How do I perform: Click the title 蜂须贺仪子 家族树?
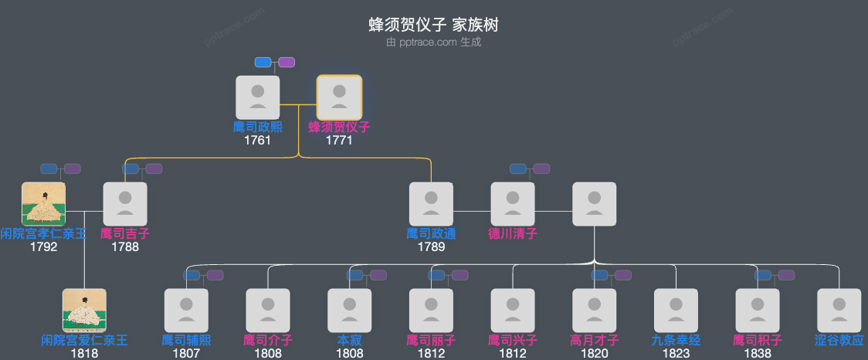433,25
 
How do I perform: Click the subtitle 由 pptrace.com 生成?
433,42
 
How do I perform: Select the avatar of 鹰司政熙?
257,97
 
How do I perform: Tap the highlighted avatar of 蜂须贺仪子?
339,97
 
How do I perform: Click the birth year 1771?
339,141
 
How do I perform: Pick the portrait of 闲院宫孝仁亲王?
43,204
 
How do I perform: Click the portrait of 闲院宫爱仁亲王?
84,311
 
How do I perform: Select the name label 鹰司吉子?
125,233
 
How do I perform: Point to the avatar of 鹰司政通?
431,204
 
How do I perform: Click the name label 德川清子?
513,233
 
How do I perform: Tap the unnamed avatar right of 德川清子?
594,204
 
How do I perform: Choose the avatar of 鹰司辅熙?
186,311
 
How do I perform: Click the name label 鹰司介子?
268,340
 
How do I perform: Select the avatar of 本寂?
349,311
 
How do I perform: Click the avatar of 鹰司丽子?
431,311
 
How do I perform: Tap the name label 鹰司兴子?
513,340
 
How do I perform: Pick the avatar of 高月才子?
594,311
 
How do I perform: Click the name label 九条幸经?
676,340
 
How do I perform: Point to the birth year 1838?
758,354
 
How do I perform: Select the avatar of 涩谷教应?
839,311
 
